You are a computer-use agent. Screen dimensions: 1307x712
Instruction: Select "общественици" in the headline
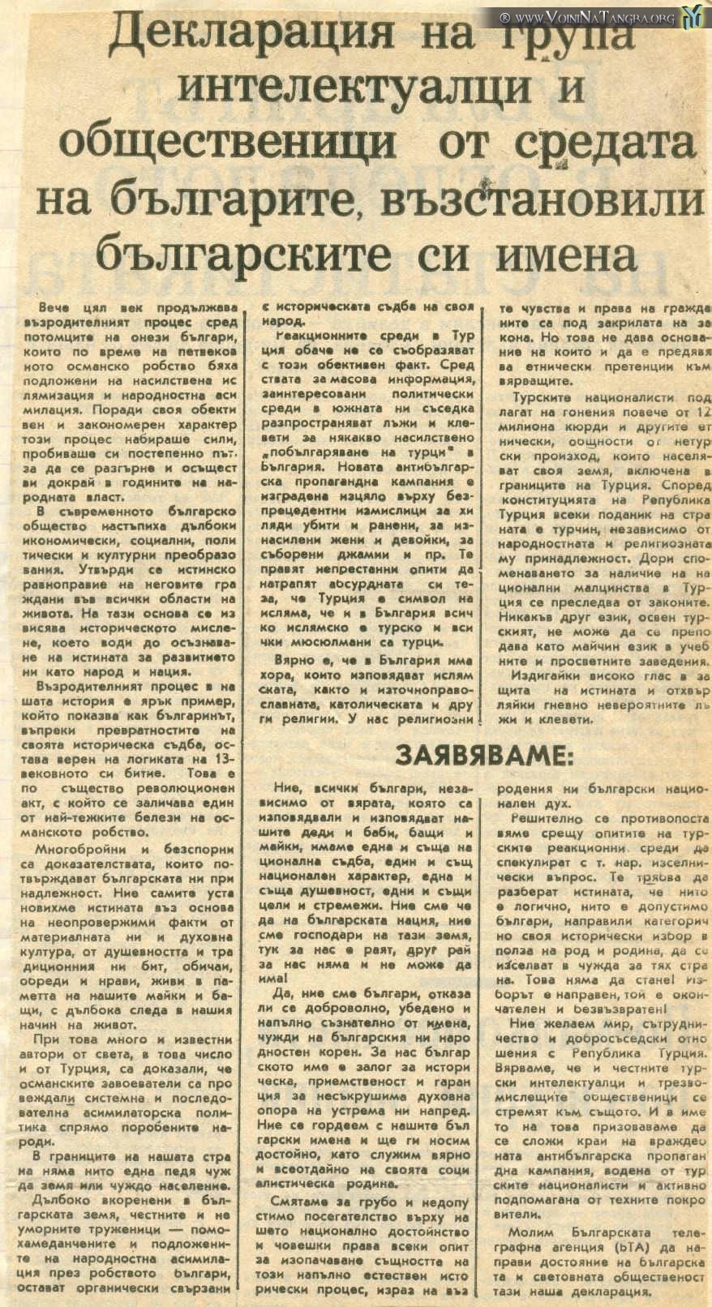[x=228, y=144]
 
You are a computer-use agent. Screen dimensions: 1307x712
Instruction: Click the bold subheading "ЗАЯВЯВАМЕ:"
[x=483, y=756]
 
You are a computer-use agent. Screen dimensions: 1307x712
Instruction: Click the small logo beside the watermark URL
[x=693, y=16]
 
